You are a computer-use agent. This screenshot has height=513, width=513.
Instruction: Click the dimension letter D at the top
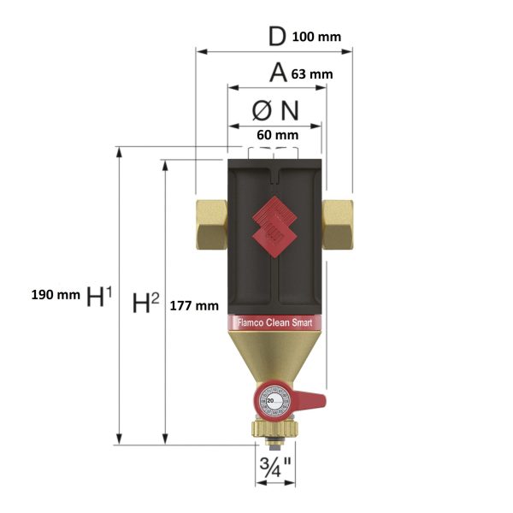pos(275,37)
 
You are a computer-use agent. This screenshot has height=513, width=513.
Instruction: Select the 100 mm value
pos(316,38)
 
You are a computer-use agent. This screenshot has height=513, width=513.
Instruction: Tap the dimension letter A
pos(277,74)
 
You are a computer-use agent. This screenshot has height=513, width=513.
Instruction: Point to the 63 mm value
pos(311,74)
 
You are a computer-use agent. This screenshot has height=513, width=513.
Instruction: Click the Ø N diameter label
pos(274,111)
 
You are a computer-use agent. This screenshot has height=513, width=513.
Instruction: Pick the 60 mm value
pos(277,135)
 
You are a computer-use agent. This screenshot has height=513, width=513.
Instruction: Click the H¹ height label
pos(99,296)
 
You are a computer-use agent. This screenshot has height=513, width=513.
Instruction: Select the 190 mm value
pos(55,295)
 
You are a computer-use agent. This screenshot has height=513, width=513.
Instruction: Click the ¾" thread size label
pos(274,469)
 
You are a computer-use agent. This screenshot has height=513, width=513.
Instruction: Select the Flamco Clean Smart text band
pos(274,323)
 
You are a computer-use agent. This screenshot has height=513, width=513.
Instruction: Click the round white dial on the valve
pos(274,402)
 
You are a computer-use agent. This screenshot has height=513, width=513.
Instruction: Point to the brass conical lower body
pos(274,359)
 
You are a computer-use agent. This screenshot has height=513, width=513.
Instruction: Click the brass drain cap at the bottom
pos(274,432)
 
